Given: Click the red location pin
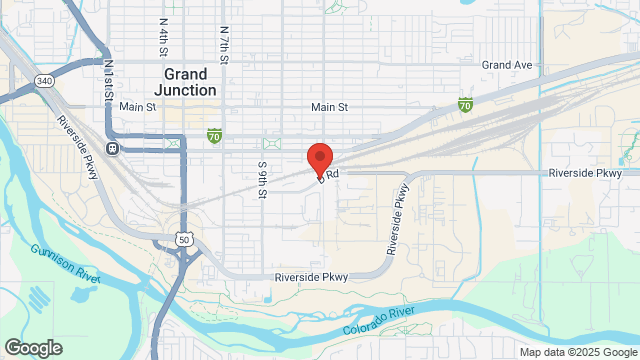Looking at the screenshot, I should [x=319, y=159].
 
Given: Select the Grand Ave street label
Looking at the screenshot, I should [x=506, y=65].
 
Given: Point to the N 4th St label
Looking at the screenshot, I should [x=162, y=36].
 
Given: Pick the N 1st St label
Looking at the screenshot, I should [x=107, y=79].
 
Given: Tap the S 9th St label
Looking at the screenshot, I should [x=262, y=179].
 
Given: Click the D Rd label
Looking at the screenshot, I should [x=329, y=175].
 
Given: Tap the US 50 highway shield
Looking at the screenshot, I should [x=182, y=240].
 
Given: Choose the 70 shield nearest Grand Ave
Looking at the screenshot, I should [x=465, y=103].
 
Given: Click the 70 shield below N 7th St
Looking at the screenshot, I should [x=214, y=135].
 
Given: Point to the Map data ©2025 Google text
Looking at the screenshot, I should [x=577, y=351].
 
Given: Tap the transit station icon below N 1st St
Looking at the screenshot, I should [x=113, y=149].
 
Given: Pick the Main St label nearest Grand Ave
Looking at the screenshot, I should [x=328, y=107].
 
